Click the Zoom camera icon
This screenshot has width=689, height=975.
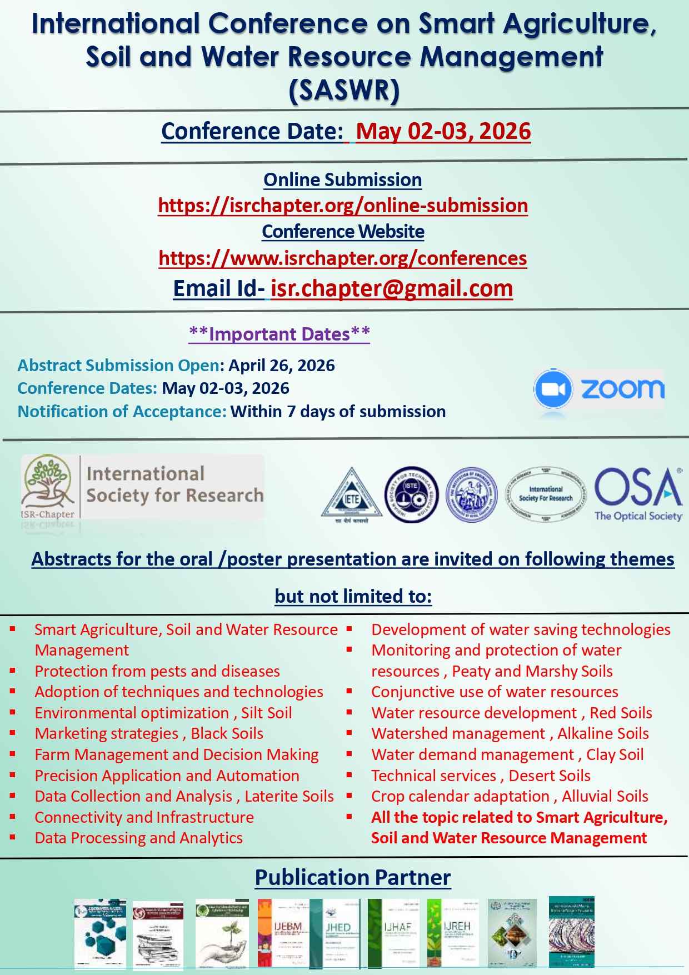553,389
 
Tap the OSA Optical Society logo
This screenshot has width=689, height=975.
638,494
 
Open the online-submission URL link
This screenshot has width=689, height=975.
343,206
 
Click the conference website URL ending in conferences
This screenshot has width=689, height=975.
343,258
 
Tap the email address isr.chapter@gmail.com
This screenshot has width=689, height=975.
392,288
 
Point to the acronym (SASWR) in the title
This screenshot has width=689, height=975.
344,91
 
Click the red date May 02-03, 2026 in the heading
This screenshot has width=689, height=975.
443,131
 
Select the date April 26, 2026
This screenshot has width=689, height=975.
282,366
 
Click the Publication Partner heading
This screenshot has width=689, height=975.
353,877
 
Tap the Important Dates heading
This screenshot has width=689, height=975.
279,334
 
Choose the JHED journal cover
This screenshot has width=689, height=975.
338,933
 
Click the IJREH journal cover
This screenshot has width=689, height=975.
457,933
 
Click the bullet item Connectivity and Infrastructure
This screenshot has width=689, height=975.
144,817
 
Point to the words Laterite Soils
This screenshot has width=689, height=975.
289,796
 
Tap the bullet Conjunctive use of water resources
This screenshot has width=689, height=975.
495,692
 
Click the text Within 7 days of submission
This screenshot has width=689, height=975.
338,412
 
